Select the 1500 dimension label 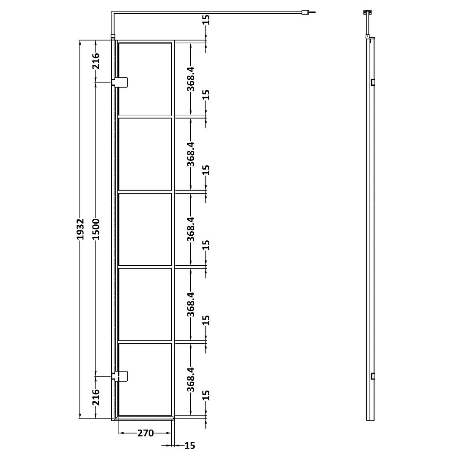(x=96, y=229)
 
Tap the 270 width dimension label (x=145, y=433)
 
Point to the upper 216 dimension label (x=96, y=61)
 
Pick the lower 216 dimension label (x=96, y=397)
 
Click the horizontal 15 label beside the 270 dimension (x=190, y=445)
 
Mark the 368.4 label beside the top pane (x=191, y=79)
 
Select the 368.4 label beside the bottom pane (x=191, y=379)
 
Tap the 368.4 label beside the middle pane (x=191, y=229)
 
